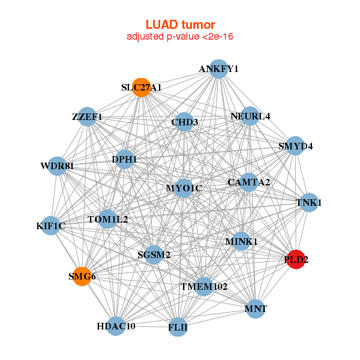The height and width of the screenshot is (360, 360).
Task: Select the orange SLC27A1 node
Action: (141, 87)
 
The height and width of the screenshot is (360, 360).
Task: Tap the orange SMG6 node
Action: (82, 277)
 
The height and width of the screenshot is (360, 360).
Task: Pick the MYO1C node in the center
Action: (184, 188)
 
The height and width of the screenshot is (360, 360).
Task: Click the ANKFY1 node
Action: (219, 69)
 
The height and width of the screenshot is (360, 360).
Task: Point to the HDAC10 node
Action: (116, 326)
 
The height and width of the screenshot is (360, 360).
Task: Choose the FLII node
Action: (178, 327)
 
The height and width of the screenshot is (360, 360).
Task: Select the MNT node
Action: (256, 309)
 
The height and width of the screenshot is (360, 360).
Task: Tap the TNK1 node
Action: (309, 203)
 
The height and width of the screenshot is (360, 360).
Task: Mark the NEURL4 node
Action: (250, 116)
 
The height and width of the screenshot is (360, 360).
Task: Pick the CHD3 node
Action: (184, 122)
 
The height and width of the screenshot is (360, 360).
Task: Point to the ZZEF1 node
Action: (88, 116)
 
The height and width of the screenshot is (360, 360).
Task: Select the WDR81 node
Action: (58, 166)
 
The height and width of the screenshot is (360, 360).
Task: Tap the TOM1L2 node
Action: (108, 219)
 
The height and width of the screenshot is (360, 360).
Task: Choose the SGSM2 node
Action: (154, 255)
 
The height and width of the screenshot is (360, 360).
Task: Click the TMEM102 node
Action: (204, 287)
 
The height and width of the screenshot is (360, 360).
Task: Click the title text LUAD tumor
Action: (180, 25)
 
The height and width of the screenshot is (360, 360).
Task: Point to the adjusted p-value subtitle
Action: (180, 37)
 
